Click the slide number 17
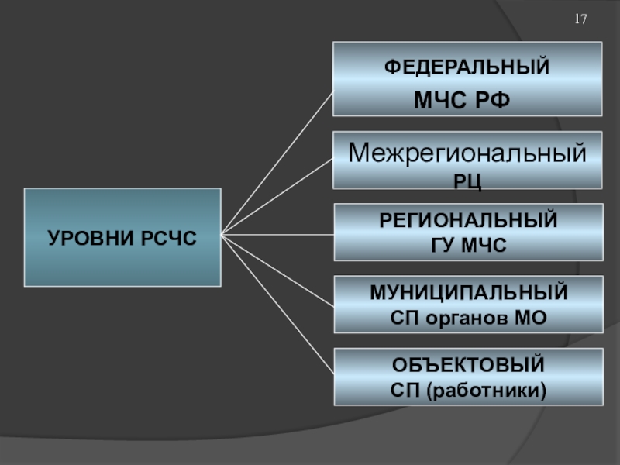pos(580,19)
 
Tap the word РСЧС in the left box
pos(168,238)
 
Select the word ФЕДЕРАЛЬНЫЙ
pos(467,67)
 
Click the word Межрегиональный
pos(467,153)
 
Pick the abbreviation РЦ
pos(468,181)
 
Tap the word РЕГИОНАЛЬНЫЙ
pos(468,220)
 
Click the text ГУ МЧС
pos(468,246)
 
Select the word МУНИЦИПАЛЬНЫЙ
pos(468,294)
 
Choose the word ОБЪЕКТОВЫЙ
pos(468,364)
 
